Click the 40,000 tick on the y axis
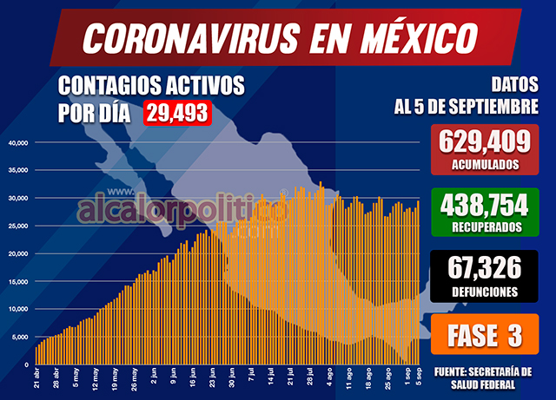pos(19,142)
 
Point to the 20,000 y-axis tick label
pos(19,253)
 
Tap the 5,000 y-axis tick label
pos(21,337)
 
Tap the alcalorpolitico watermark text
pos(182,209)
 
